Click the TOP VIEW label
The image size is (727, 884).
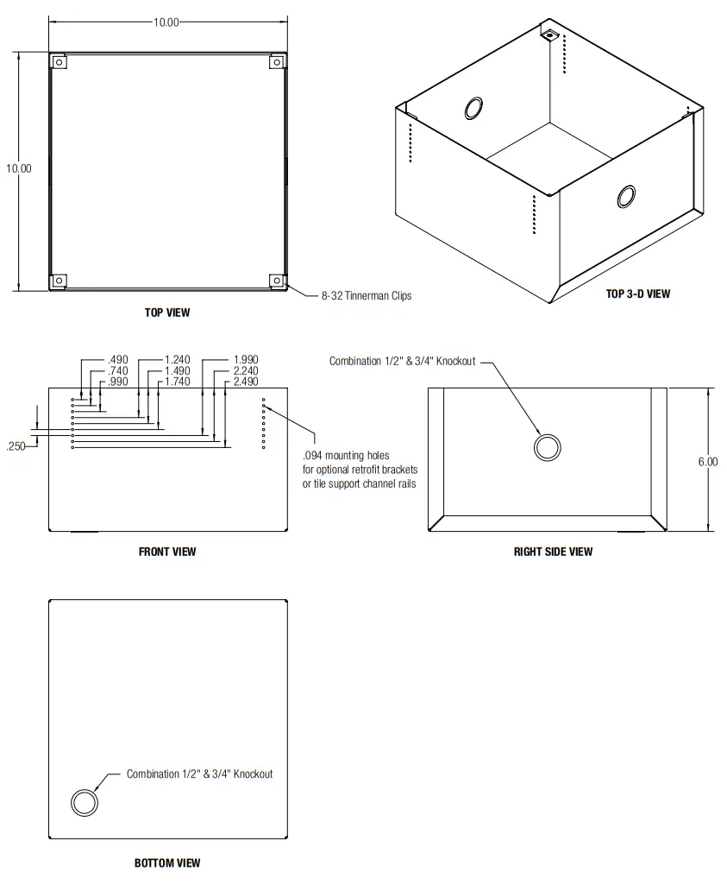(x=167, y=313)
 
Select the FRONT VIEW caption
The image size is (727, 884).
(x=167, y=551)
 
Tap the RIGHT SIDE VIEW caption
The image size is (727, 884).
(x=553, y=551)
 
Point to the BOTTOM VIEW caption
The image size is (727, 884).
(x=167, y=862)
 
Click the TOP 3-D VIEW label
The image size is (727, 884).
(x=637, y=294)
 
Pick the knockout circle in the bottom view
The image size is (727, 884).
(x=85, y=802)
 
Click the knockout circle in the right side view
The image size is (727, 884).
(x=547, y=447)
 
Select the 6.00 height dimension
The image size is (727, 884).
(x=707, y=462)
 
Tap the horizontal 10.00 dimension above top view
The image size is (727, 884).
(x=166, y=22)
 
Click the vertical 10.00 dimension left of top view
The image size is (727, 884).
(x=19, y=168)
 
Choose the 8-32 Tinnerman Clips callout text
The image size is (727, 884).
(x=367, y=296)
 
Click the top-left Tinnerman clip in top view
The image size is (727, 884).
(x=59, y=62)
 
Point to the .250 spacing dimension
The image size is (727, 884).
(x=16, y=446)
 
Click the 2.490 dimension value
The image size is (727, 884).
(x=246, y=382)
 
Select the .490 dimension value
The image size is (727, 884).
(x=117, y=360)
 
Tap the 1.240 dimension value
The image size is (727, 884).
(x=177, y=360)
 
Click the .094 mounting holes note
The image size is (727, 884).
(x=359, y=470)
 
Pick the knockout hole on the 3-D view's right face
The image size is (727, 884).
(x=626, y=197)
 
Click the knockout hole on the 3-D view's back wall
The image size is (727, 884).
(x=474, y=108)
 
